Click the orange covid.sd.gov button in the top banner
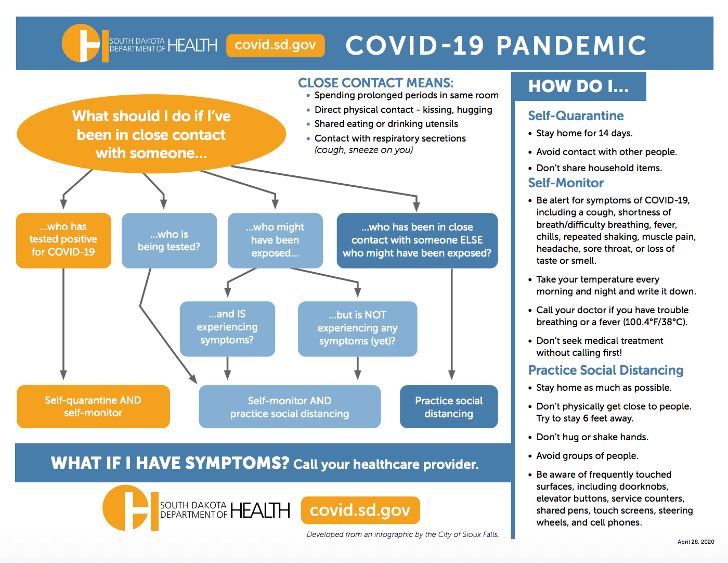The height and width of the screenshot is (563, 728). [x=276, y=45]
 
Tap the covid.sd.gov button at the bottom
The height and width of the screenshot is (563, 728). [x=360, y=510]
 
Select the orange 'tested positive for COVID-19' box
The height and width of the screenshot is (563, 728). [x=63, y=240]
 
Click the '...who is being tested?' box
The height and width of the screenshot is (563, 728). [x=169, y=240]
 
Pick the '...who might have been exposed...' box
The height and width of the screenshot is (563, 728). [x=275, y=240]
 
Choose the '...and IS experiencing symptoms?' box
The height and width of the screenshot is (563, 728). [x=227, y=328]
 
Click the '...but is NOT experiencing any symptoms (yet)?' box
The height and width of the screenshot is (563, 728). [x=357, y=328]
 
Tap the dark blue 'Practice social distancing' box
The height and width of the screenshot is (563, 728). [x=449, y=407]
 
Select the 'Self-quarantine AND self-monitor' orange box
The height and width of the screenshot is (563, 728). [x=93, y=406]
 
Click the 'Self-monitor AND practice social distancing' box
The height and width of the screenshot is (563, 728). [x=290, y=407]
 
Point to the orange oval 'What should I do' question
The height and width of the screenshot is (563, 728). [x=151, y=134]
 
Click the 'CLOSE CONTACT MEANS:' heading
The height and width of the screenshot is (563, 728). [x=375, y=83]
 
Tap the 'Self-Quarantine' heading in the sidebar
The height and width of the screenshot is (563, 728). [x=576, y=116]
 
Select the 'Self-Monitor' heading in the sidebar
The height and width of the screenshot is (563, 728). [x=566, y=183]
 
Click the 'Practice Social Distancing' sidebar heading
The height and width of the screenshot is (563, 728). [x=606, y=370]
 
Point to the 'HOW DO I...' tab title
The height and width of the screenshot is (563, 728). [x=578, y=86]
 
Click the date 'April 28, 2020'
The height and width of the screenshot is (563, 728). [x=696, y=542]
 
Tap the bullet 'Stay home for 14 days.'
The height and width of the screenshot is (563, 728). [x=584, y=133]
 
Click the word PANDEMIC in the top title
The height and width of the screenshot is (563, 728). [x=571, y=45]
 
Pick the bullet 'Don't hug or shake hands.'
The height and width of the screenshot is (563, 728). [x=592, y=437]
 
